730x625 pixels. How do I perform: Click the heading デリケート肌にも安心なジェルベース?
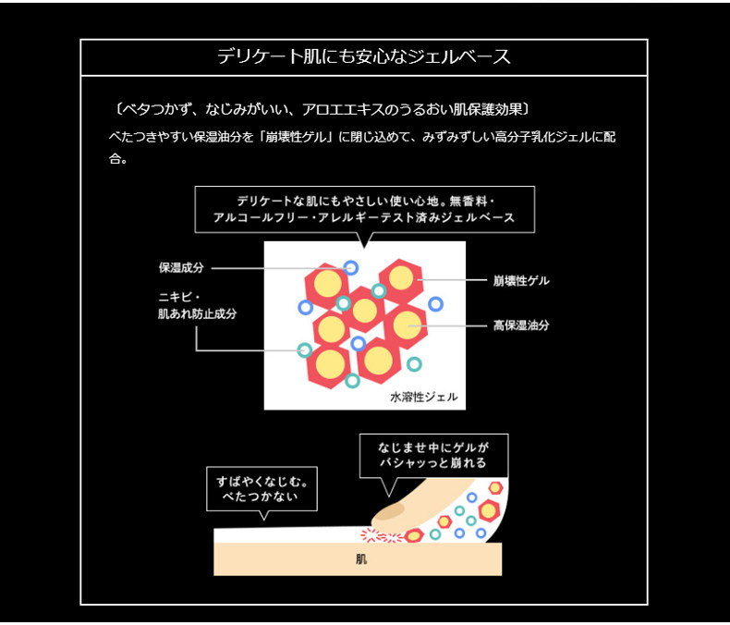point(364,57)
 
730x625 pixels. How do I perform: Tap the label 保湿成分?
point(181,268)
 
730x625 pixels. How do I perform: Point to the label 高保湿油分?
point(521,325)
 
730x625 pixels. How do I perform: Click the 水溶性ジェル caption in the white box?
point(424,398)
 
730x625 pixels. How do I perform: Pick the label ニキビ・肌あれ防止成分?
point(198,306)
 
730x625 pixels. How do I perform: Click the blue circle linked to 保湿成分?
point(350,268)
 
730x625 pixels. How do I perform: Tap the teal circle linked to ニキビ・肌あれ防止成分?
point(304,349)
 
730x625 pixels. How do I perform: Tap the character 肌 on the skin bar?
point(360,559)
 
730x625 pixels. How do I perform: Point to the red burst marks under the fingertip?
point(379,535)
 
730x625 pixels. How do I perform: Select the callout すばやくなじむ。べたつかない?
point(263,490)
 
